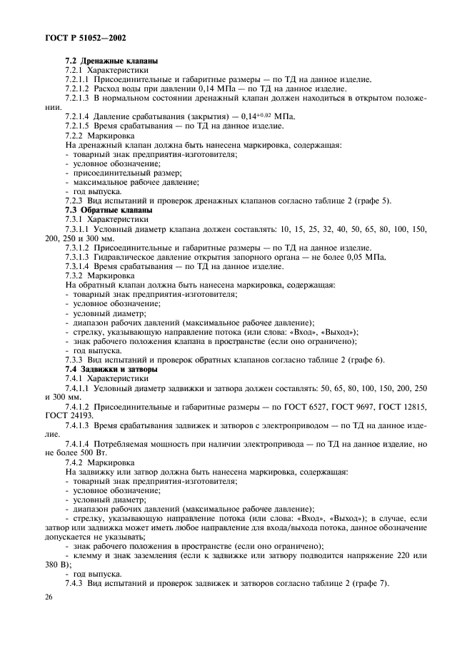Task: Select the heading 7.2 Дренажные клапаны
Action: [x=111, y=61]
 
